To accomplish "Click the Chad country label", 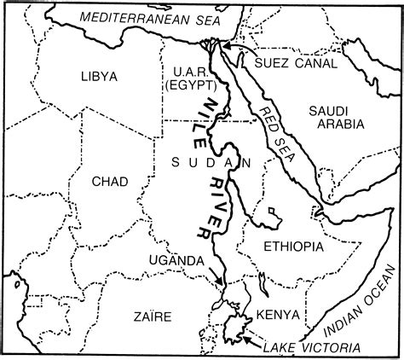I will coord(116,181).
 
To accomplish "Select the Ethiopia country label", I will coord(294,247).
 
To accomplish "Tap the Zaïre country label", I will coord(153,317).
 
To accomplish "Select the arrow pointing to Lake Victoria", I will coord(248,338).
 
